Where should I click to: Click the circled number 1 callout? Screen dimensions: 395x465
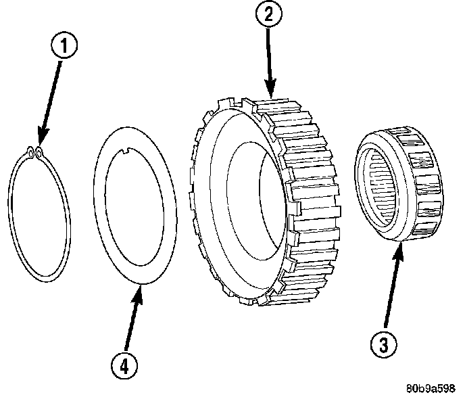click(66, 47)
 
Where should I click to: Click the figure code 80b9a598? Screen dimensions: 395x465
click(431, 388)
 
